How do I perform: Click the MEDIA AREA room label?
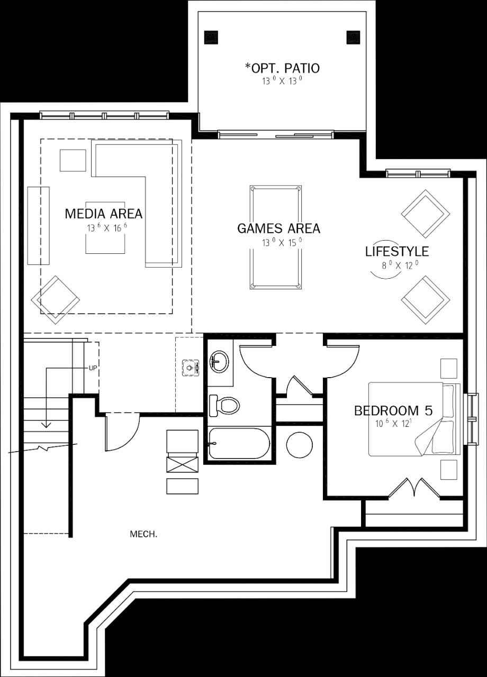pyautogui.click(x=103, y=214)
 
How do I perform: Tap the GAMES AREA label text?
pyautogui.click(x=278, y=228)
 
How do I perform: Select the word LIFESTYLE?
pyautogui.click(x=397, y=251)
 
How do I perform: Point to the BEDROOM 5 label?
pyautogui.click(x=393, y=411)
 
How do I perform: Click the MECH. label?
pyautogui.click(x=143, y=534)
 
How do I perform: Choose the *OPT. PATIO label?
pyautogui.click(x=282, y=68)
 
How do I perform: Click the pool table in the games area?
pyautogui.click(x=276, y=237)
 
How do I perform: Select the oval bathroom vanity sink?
pyautogui.click(x=219, y=362)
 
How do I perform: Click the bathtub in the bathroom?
pyautogui.click(x=239, y=443)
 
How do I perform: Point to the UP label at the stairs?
pyautogui.click(x=93, y=369)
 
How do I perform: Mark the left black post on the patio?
pyautogui.click(x=211, y=38)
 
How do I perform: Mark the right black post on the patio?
pyautogui.click(x=353, y=38)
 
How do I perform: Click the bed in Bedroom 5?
pyautogui.click(x=414, y=419)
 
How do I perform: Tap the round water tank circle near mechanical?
pyautogui.click(x=300, y=446)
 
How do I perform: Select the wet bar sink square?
pyautogui.click(x=191, y=368)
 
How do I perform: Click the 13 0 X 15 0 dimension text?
pyautogui.click(x=282, y=242)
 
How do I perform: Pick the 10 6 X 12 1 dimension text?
pyautogui.click(x=393, y=424)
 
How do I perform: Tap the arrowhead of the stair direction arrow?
pyautogui.click(x=46, y=425)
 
